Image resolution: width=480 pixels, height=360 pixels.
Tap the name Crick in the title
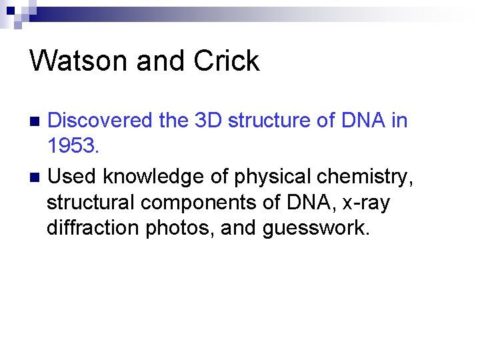coord(227,61)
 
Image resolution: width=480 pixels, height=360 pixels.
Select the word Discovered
coord(101,121)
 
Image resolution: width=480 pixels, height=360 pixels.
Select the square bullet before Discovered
coord(36,121)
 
